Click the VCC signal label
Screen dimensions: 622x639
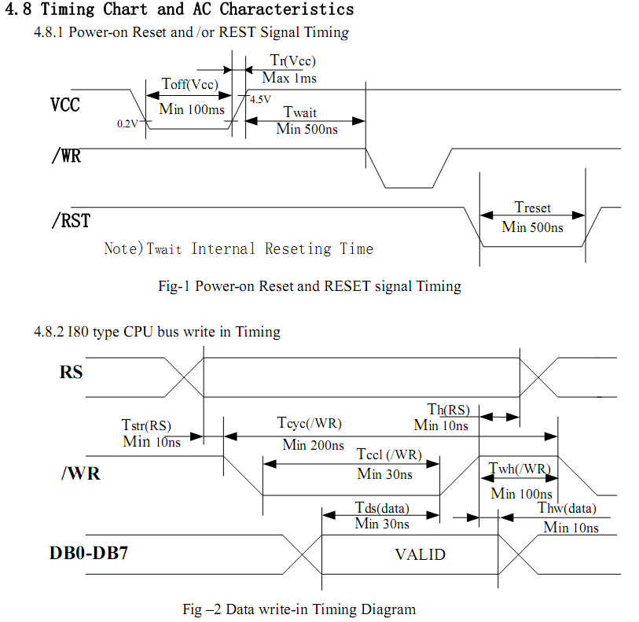tap(65, 105)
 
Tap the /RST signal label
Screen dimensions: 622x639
tap(70, 221)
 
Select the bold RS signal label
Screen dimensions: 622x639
tap(71, 372)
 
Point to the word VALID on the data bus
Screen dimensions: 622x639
tap(420, 554)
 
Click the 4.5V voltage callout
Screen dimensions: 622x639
tap(260, 100)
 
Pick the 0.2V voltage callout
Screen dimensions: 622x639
tap(127, 124)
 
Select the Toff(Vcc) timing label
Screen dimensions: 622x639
tap(189, 84)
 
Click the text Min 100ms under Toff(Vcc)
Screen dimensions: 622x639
tap(192, 109)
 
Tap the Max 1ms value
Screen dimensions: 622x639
tap(289, 78)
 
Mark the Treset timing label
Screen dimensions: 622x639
tap(532, 208)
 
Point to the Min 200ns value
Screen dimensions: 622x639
tap(313, 445)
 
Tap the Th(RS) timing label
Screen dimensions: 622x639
tap(448, 410)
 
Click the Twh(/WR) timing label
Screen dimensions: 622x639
tap(520, 469)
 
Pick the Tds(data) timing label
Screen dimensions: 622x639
tap(382, 508)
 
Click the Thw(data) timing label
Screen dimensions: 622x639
tap(567, 509)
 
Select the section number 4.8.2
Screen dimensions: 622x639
tap(49, 332)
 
